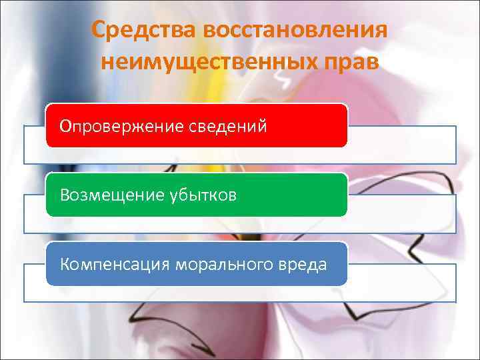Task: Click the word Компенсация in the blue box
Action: point(115,264)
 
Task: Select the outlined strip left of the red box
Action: point(35,144)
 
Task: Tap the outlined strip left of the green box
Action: point(35,213)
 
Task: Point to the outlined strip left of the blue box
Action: point(35,283)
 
